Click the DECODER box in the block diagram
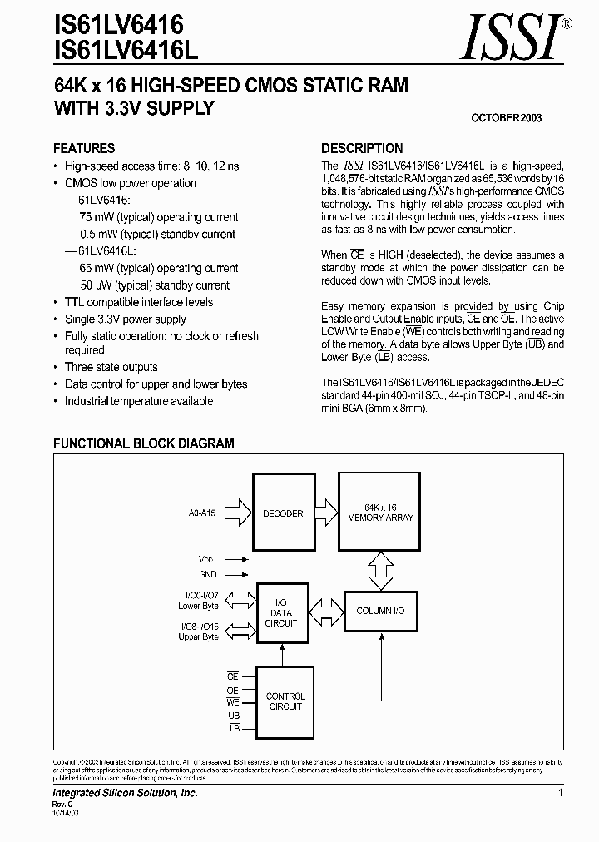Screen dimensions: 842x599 click(x=283, y=513)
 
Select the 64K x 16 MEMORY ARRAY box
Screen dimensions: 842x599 click(x=376, y=512)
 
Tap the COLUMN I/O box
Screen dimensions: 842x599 click(x=379, y=611)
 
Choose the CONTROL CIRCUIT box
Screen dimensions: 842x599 click(x=285, y=701)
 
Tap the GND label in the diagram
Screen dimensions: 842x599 click(x=208, y=574)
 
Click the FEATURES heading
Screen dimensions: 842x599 click(x=84, y=148)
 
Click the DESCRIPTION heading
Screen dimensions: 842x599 click(x=362, y=148)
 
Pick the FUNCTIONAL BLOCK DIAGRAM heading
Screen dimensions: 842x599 click(x=144, y=444)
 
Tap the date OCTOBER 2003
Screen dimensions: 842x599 click(x=507, y=118)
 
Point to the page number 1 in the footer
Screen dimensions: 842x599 click(x=561, y=795)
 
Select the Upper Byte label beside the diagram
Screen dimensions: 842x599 click(x=198, y=636)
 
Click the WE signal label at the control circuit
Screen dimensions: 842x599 click(x=233, y=703)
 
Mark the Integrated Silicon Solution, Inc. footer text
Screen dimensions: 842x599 click(x=126, y=795)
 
